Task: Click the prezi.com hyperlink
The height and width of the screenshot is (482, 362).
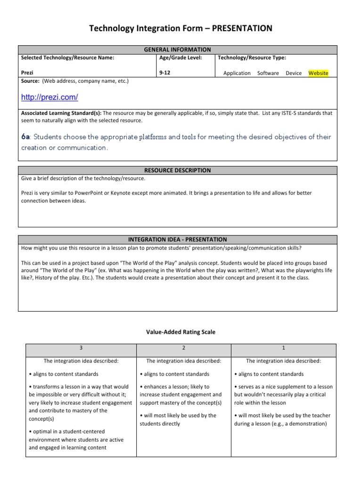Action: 49,97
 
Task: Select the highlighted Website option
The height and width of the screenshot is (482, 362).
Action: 318,73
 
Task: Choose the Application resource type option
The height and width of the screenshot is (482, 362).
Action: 237,73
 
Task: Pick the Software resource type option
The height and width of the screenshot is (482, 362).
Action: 268,73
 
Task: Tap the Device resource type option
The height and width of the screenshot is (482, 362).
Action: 294,73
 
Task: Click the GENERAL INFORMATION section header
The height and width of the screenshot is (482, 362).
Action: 178,49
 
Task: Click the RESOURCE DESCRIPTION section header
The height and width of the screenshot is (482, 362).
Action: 178,170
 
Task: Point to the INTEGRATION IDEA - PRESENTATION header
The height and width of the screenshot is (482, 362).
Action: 178,239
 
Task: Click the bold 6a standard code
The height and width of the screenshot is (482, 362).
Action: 25,137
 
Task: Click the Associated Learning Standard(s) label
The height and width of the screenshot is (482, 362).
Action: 61,113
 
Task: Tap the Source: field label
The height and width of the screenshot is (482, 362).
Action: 31,81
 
